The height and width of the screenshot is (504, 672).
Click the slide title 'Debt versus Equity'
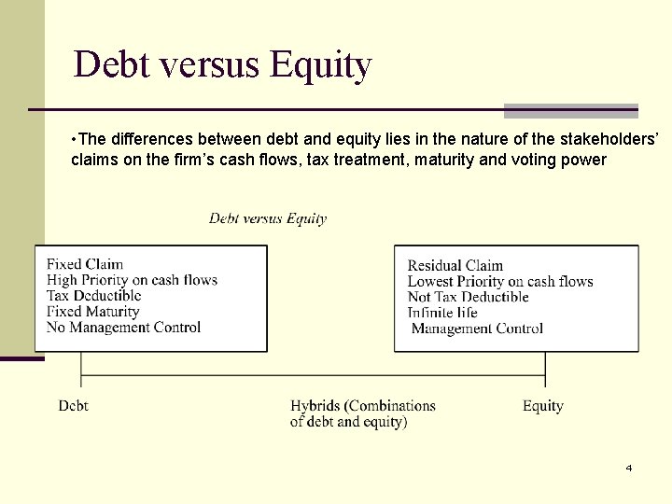(x=222, y=64)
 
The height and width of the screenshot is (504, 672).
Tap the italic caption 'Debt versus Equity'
(x=268, y=218)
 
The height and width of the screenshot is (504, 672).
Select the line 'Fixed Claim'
(x=85, y=264)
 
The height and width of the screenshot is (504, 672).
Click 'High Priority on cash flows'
(x=132, y=280)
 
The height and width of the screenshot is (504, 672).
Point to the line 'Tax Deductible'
(x=93, y=296)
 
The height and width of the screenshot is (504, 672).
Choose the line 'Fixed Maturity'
(x=92, y=312)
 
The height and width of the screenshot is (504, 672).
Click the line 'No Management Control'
(x=123, y=328)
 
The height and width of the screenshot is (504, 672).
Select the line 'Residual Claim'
(x=455, y=266)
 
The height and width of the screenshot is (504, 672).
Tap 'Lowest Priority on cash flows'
(x=500, y=281)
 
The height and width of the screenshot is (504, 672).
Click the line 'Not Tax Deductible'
(x=468, y=297)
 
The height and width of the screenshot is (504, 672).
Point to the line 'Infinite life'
(x=443, y=313)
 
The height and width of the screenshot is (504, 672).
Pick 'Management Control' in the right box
(x=477, y=329)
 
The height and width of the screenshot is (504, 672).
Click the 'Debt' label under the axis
(x=74, y=406)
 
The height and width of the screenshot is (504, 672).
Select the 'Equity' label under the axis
(x=542, y=406)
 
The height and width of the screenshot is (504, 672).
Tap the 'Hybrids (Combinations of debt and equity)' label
(x=362, y=413)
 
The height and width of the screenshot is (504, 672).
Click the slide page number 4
(x=628, y=468)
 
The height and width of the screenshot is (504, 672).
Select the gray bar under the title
(x=570, y=111)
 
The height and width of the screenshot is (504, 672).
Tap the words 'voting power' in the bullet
(x=564, y=160)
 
